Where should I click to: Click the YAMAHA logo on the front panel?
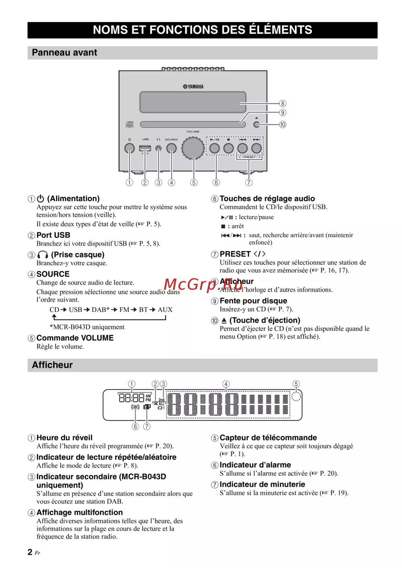point(193,86)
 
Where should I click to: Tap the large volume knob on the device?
point(193,148)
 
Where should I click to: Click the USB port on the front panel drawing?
point(145,148)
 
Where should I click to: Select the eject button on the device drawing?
point(256,125)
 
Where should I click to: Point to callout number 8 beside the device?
point(283,104)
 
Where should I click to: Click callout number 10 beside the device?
point(283,125)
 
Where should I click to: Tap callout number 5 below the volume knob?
point(194,182)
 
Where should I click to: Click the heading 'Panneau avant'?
point(64,53)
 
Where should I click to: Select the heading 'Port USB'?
point(53,235)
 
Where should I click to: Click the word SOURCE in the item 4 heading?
point(53,274)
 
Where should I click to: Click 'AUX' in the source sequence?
point(165,310)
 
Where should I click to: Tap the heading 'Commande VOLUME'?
point(75,338)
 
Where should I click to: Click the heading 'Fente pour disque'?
point(253,301)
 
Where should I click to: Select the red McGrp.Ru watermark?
point(203,285)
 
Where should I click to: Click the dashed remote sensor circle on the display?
point(296,397)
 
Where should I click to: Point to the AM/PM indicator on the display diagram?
point(148,398)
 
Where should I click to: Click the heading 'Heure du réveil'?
point(64,438)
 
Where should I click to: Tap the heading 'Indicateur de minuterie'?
point(262,484)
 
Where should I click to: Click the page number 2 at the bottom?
point(30,552)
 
